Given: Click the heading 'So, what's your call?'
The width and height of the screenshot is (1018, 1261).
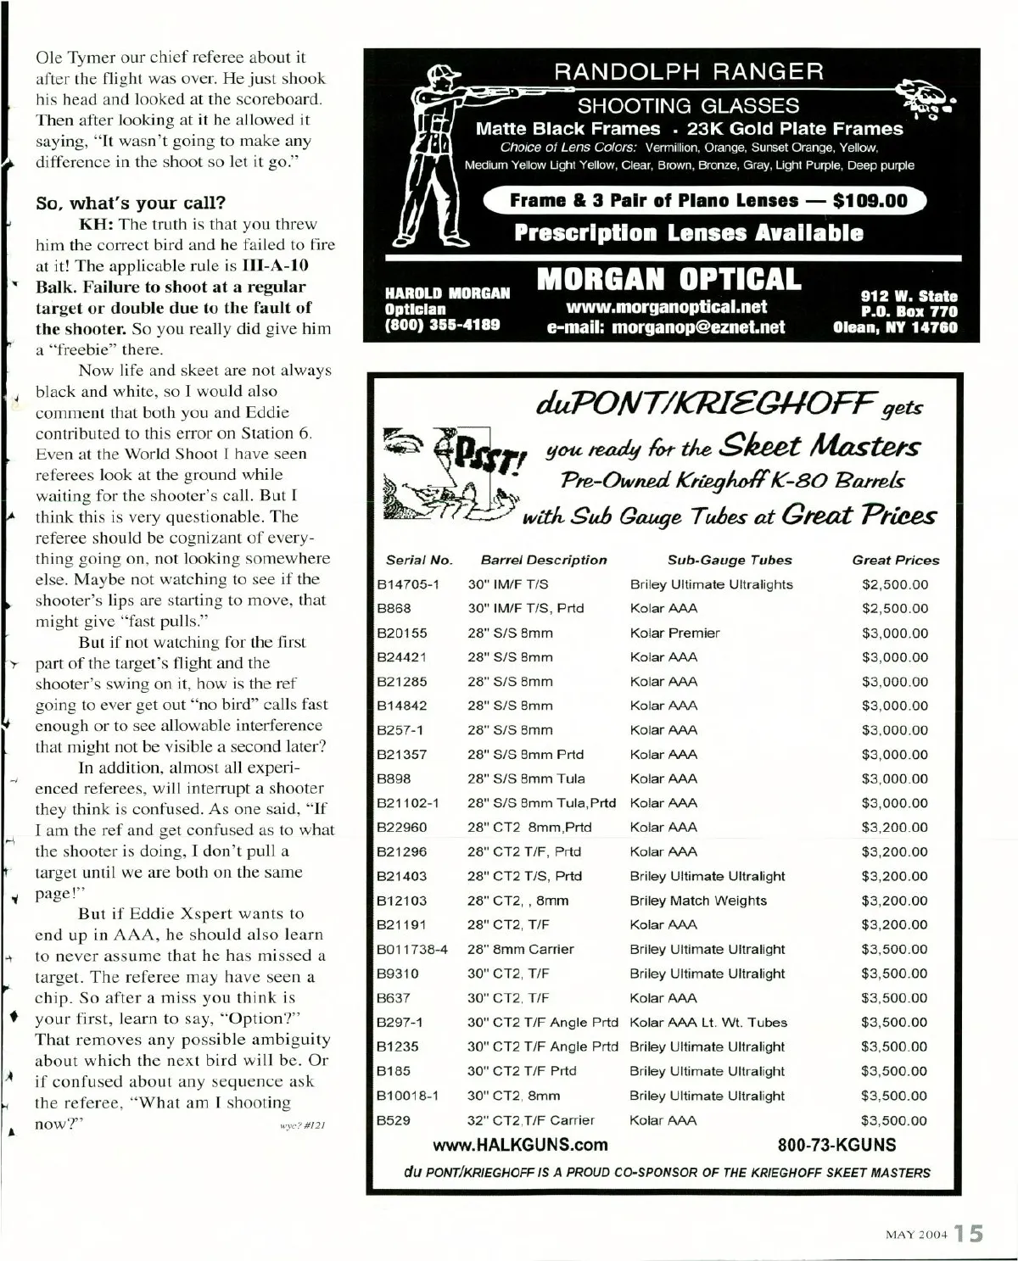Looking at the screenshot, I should click(x=131, y=204).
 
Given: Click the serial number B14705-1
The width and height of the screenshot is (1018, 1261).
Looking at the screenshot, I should click(x=407, y=584).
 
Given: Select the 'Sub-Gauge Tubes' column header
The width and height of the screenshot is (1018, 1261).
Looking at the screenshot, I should click(x=730, y=560).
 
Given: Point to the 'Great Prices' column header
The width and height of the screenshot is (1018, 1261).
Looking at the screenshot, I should click(x=896, y=560).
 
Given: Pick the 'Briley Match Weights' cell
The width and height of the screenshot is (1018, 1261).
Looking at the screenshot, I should click(x=697, y=901).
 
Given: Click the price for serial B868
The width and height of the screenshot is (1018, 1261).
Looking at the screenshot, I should click(x=895, y=608).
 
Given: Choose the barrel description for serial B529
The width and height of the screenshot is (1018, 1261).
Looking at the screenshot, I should click(x=531, y=1120).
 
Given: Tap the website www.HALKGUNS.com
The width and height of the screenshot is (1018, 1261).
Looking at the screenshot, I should click(x=520, y=1145).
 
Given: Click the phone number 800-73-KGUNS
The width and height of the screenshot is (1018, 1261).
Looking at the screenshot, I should click(x=836, y=1145).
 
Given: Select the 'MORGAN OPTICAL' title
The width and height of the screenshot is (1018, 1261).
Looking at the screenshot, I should click(x=668, y=279).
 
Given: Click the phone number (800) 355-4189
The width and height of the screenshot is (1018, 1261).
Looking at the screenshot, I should click(x=442, y=325).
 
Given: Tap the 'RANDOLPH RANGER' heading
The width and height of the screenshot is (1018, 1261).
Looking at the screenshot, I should click(x=688, y=72).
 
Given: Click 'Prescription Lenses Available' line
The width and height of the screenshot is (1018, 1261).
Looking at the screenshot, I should click(x=688, y=233).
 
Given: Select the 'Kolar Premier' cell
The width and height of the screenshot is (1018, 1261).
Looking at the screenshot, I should click(x=674, y=633).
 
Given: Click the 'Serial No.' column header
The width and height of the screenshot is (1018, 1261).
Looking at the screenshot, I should click(x=419, y=560).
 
